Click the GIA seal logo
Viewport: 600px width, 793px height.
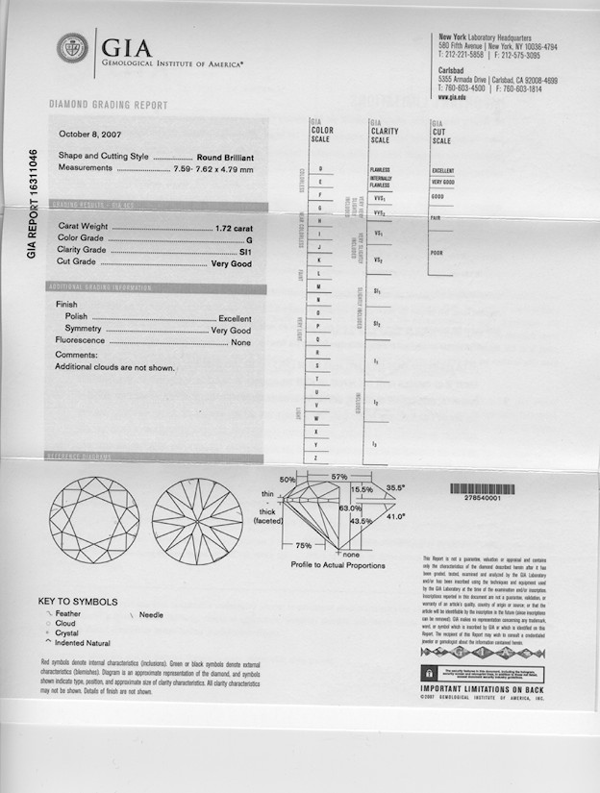pos(72,49)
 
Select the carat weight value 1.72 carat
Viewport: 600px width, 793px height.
pos(234,227)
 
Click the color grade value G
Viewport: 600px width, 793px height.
pos(248,238)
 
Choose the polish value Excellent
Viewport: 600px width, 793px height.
pos(235,318)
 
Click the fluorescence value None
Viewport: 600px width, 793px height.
pos(240,342)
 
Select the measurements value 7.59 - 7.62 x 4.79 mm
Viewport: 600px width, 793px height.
pos(214,168)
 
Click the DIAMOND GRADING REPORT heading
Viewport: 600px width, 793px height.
pos(108,106)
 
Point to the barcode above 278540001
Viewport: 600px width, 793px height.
pos(482,489)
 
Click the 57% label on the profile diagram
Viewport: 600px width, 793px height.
pos(338,477)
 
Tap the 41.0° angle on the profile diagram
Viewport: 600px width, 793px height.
pos(396,516)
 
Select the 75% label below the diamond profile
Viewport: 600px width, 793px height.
pos(303,545)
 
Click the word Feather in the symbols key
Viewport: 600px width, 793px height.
pos(68,613)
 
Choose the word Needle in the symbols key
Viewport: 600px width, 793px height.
pos(152,613)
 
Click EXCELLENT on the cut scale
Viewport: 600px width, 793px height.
pos(443,170)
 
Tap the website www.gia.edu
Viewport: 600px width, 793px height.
pos(452,97)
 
